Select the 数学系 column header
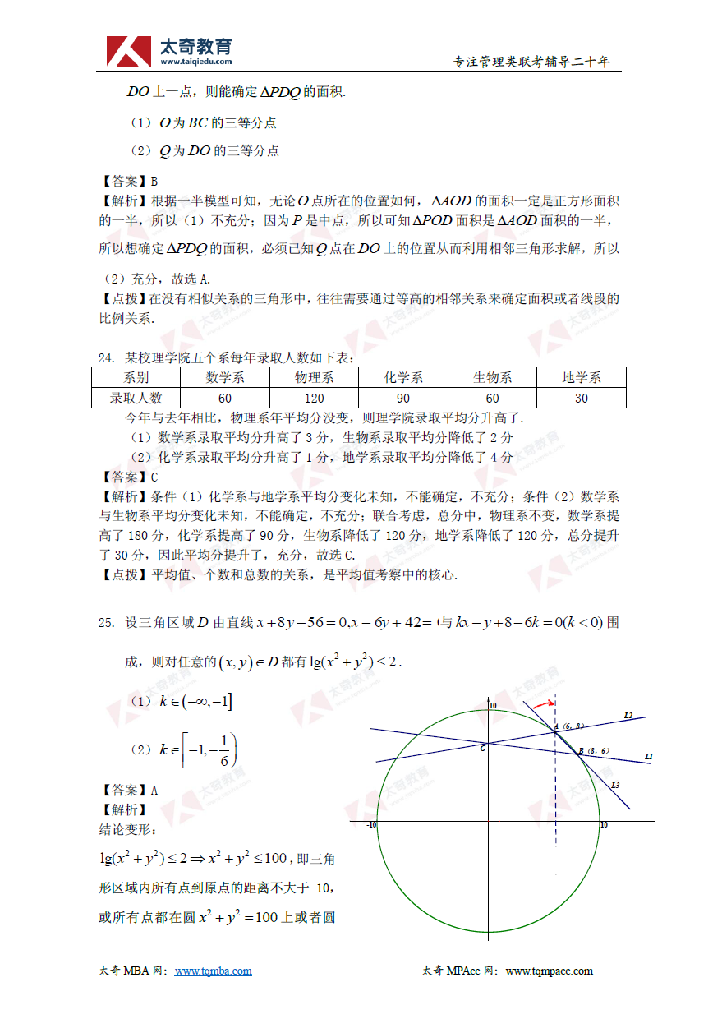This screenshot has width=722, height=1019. [224, 377]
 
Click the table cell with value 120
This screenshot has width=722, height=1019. [313, 398]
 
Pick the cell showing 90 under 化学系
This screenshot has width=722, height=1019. [402, 398]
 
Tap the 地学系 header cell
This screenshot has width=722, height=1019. [582, 377]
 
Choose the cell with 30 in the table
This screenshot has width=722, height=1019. [582, 398]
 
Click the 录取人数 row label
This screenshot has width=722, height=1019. [136, 398]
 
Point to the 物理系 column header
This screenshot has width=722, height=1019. [313, 377]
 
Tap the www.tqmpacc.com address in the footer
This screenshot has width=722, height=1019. [549, 971]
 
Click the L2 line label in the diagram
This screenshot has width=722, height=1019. [628, 716]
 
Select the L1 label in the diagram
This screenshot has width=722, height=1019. [648, 756]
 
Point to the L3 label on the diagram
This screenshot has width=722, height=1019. [615, 786]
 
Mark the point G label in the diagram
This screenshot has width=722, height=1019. [482, 747]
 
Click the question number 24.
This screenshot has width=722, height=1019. [105, 357]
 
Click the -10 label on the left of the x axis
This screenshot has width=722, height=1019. [371, 824]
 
